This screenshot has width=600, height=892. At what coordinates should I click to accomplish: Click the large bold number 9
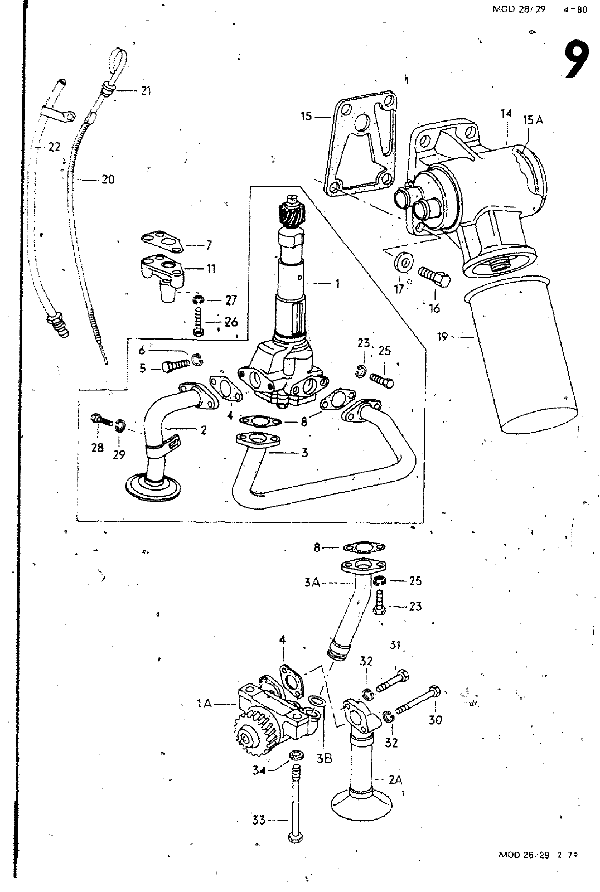click(x=577, y=60)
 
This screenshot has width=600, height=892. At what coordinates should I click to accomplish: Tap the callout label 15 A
click(x=533, y=120)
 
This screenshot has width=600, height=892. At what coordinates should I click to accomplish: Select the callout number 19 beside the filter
click(x=443, y=337)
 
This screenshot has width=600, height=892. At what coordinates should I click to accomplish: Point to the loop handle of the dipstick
click(x=119, y=58)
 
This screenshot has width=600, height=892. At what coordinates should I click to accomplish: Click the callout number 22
click(x=54, y=147)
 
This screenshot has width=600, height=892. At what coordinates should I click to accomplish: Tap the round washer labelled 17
click(x=403, y=262)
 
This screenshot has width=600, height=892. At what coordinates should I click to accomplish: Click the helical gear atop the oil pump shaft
click(x=294, y=215)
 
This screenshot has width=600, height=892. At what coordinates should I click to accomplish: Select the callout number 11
click(x=211, y=269)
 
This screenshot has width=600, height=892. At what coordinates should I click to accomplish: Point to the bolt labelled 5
click(x=176, y=365)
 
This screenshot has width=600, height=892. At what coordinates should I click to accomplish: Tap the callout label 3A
click(x=312, y=583)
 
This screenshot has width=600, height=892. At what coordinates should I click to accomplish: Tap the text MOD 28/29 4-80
click(x=540, y=9)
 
